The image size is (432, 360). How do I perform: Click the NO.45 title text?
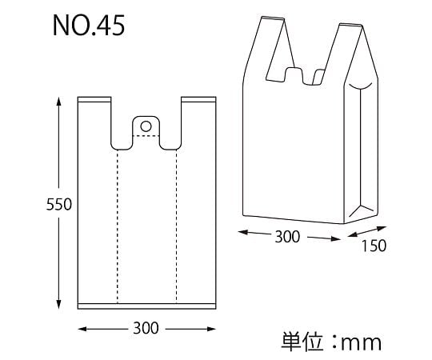tap(88, 26)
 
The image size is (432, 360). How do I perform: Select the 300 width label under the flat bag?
tap(146, 328)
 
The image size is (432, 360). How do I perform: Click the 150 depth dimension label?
tap(372, 246)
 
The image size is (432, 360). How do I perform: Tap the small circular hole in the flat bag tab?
tap(146, 125)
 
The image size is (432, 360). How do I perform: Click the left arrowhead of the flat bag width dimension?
tap(82, 328)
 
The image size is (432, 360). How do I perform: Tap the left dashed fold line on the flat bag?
tap(118, 224)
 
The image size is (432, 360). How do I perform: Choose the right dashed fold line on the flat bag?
tap(176, 224)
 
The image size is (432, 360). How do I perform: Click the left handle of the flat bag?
tap(94, 120)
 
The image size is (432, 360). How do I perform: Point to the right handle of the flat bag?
tap(198, 120)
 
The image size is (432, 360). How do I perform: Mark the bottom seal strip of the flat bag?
tap(146, 304)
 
